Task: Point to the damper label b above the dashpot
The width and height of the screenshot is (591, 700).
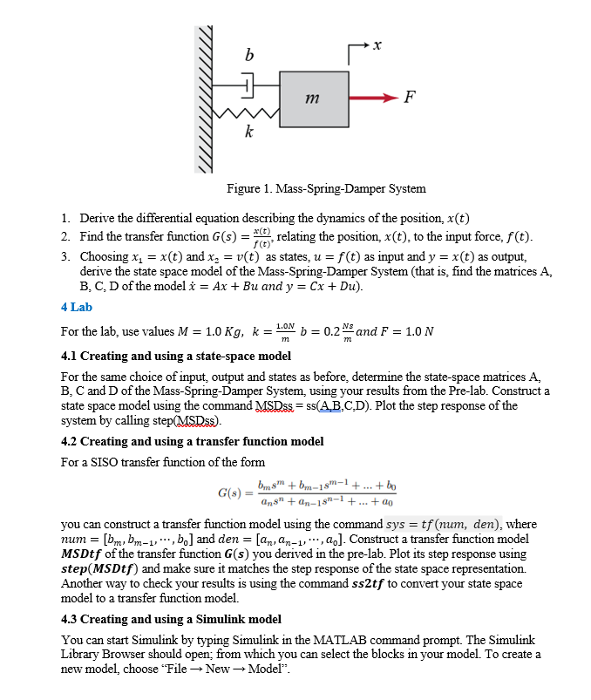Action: click(251, 56)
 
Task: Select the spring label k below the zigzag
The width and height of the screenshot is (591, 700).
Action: click(249, 133)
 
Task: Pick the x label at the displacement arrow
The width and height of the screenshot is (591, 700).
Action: click(377, 43)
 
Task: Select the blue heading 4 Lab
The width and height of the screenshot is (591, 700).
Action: click(77, 307)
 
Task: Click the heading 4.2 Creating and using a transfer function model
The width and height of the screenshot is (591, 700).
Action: click(192, 441)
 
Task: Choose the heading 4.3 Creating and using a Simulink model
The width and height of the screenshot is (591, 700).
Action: click(171, 619)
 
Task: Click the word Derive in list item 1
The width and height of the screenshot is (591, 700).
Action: click(97, 217)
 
